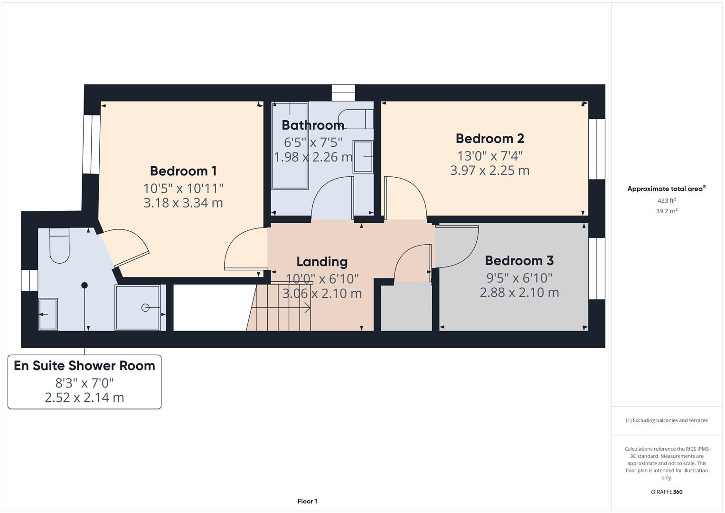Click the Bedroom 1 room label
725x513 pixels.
183,171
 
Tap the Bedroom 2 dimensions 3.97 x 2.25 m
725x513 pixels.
490,170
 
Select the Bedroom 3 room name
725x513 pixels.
519,260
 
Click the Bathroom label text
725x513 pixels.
313,125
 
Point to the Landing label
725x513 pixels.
322,262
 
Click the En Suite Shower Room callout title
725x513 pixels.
85,366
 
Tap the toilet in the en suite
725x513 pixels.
59,246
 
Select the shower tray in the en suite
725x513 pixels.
138,307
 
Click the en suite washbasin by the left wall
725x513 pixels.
47,314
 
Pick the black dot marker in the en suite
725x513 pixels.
85,285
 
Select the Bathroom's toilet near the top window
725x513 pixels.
356,119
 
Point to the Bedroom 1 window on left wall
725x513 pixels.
92,144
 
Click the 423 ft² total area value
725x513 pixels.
666,200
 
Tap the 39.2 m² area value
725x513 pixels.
666,211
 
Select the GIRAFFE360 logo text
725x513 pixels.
666,492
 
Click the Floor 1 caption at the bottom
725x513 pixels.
307,501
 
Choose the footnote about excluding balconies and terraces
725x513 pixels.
666,420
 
